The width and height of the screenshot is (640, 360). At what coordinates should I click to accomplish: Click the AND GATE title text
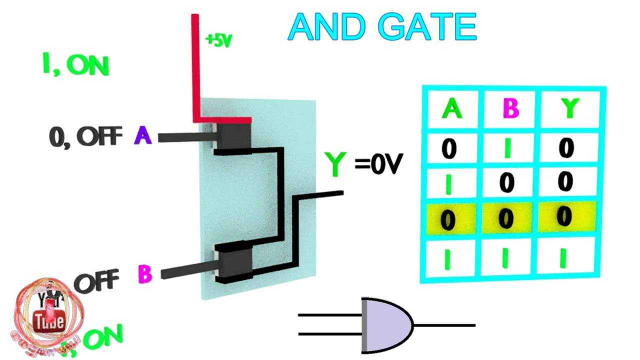tap(382, 27)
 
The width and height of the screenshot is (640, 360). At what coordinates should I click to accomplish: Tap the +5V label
tap(219, 40)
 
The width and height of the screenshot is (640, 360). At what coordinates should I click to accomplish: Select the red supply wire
tap(195, 70)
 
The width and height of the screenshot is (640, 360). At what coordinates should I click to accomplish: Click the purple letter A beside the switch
tap(143, 135)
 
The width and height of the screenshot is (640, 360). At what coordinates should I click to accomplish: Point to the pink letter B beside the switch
tap(144, 274)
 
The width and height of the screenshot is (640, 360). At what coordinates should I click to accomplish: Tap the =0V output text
tap(378, 163)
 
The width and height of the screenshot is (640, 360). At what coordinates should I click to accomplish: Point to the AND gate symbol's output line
tap(445, 325)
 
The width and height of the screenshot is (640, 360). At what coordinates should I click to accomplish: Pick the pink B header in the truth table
tap(509, 108)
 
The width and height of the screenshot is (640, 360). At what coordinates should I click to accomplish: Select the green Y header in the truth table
tap(569, 108)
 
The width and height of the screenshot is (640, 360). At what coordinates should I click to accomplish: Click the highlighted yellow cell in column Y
tap(564, 216)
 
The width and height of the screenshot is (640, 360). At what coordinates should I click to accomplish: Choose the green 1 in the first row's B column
tap(508, 148)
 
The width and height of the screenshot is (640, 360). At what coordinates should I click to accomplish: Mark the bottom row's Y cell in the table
tap(563, 256)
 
